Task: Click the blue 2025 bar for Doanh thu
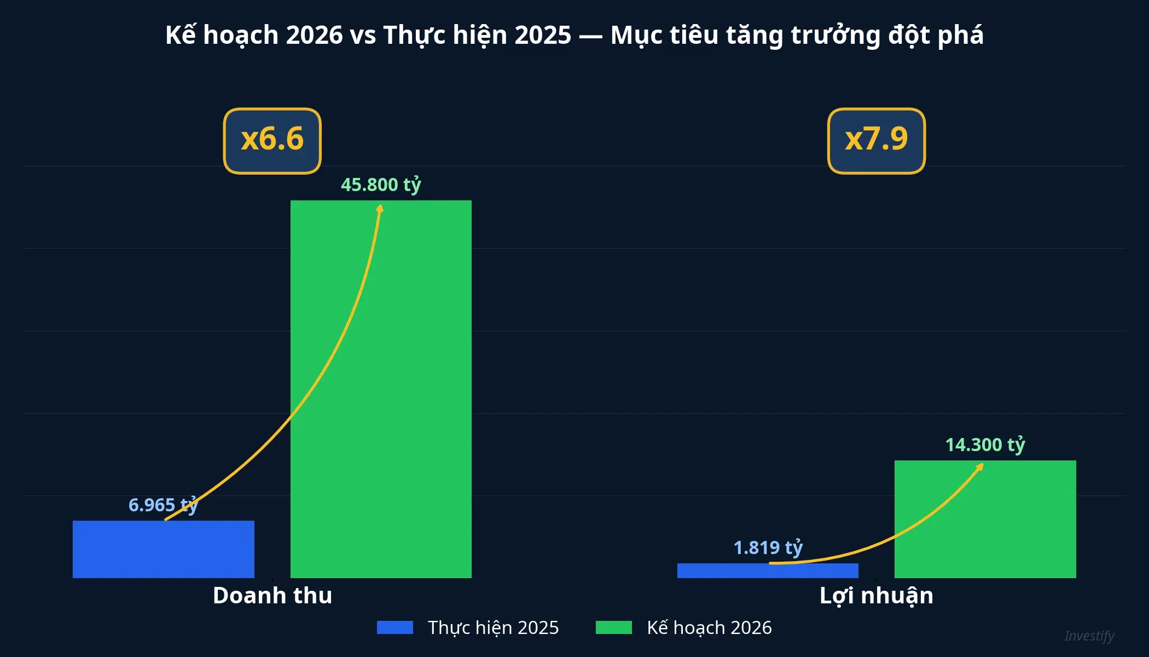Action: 163,549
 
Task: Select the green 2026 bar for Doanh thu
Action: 381,389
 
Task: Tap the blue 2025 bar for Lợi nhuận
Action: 768,570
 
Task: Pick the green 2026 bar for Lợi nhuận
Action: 985,519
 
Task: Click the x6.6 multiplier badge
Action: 272,141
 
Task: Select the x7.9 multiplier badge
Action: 876,141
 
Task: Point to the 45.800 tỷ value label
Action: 381,185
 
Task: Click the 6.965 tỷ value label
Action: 162,504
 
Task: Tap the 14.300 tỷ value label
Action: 985,445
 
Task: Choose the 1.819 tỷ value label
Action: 768,547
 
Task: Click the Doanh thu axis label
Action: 272,595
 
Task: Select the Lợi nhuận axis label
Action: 876,595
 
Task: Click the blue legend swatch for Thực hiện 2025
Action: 394,627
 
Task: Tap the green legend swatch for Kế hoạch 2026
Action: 613,627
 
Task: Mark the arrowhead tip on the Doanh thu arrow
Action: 380,207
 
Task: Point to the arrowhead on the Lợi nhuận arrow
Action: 981,466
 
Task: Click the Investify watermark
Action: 1089,636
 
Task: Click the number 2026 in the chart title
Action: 314,35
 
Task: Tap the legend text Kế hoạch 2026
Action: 709,627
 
